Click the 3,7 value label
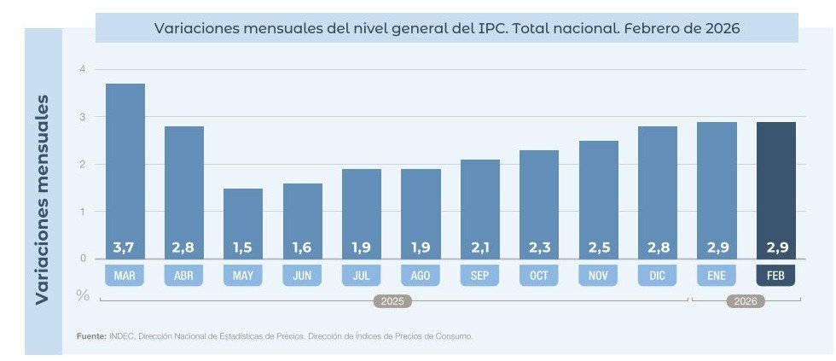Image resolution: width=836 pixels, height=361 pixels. coord(125,247)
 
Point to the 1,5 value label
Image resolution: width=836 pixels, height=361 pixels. coord(243,247)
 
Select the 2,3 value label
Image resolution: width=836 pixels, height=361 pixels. coord(539,247)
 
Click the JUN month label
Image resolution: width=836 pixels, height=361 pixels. coord(302,276)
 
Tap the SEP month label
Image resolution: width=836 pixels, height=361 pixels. coord(479,276)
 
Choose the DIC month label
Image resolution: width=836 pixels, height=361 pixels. coord(657,276)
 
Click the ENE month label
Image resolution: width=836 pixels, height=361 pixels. coord(717,276)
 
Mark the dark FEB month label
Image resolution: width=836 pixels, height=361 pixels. coord(775,276)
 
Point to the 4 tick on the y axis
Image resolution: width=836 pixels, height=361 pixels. coord(83,69)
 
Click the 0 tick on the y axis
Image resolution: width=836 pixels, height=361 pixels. coord(83,258)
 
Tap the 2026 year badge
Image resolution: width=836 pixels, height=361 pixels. coord(746,301)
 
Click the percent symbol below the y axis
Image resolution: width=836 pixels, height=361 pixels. coord(83,295)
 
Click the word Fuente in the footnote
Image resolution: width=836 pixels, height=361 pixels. coord(90,336)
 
